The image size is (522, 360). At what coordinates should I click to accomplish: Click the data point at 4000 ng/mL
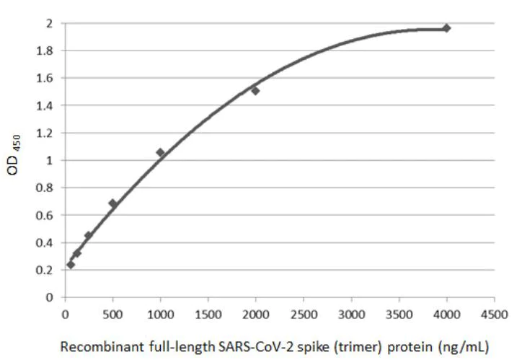click(x=446, y=28)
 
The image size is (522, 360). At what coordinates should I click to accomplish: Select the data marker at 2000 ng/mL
click(x=255, y=90)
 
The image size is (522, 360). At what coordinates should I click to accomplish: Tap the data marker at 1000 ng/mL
click(x=160, y=152)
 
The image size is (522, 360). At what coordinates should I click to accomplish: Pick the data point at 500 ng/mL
click(x=112, y=203)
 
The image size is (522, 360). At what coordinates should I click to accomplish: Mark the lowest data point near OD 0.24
click(x=71, y=264)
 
